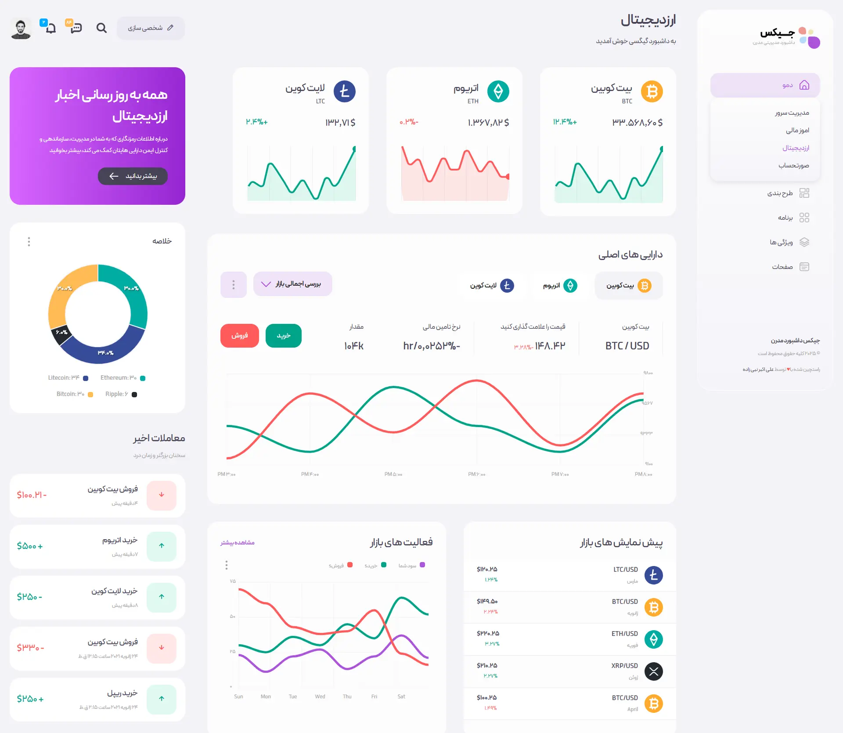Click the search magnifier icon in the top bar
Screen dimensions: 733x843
(x=101, y=28)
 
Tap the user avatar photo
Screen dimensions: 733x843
(x=21, y=29)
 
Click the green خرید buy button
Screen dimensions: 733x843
(x=283, y=336)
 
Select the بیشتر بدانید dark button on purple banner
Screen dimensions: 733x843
(x=133, y=176)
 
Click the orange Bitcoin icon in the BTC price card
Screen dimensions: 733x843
(x=652, y=92)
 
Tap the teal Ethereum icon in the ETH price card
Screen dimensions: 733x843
(x=498, y=92)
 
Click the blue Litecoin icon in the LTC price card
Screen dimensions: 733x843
(x=344, y=92)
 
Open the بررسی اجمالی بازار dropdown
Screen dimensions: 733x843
(x=292, y=284)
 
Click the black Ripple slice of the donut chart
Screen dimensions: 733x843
(x=61, y=335)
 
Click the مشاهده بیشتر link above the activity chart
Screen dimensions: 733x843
(x=238, y=543)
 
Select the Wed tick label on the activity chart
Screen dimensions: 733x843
(x=320, y=697)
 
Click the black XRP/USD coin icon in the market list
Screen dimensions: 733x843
(x=653, y=671)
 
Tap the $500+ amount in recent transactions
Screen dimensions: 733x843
(x=30, y=546)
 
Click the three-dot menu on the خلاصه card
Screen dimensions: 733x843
(x=29, y=242)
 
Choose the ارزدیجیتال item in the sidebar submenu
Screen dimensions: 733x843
(x=796, y=148)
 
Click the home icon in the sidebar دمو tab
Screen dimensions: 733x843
(x=804, y=85)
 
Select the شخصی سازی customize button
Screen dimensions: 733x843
(x=151, y=28)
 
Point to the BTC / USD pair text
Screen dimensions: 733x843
(x=627, y=346)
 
